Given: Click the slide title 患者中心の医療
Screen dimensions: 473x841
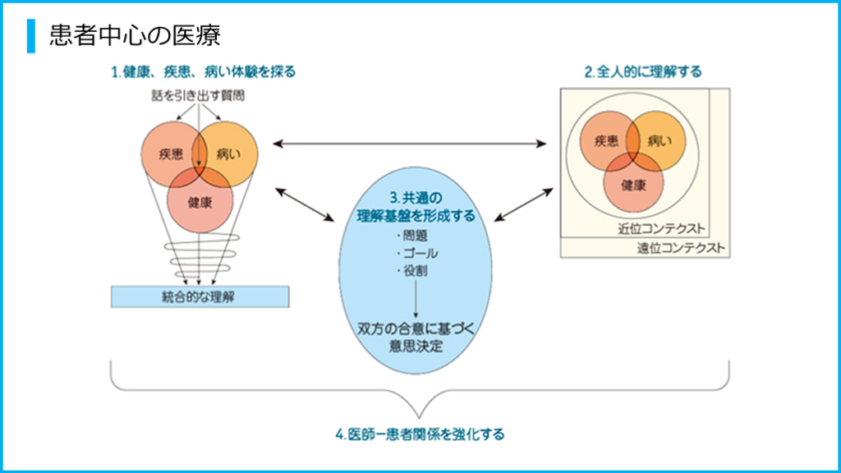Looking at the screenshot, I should pos(135,35).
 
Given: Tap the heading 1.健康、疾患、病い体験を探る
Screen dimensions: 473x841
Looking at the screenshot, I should pos(203,72).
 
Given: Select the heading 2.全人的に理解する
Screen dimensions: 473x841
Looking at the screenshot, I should pos(643,72).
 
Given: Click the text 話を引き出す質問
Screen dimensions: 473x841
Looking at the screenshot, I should pos(200,96).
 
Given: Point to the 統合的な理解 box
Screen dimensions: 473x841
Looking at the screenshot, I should pos(200,296).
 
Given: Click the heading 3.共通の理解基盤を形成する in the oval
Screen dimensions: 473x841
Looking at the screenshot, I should pos(416,208).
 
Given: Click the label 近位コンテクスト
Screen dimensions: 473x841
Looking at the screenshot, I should pos(662,229).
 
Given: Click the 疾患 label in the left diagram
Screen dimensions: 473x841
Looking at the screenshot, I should pos(172,154).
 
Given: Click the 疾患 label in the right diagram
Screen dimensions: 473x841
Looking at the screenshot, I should pos(605,140).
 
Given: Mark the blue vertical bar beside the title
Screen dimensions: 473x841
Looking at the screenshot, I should pos(31,35).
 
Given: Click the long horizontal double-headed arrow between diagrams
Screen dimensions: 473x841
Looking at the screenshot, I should pos(410,144).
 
